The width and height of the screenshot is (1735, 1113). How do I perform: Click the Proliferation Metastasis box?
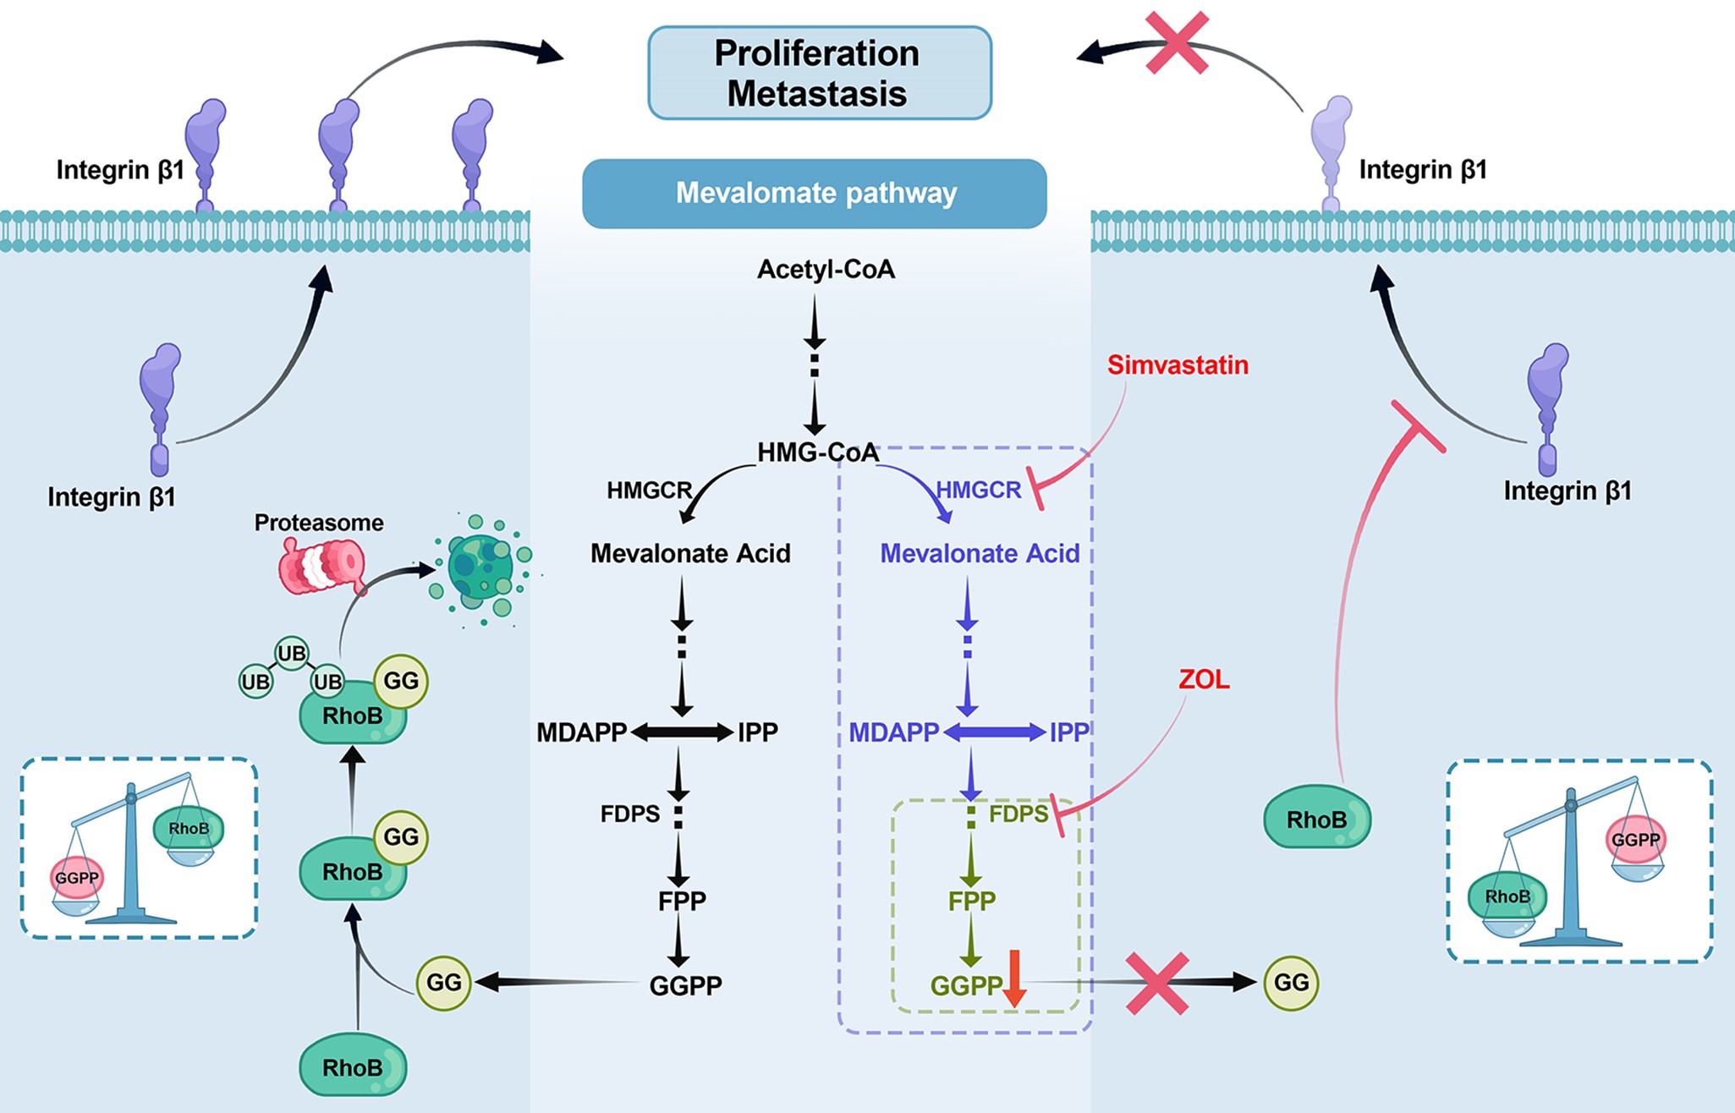(819, 73)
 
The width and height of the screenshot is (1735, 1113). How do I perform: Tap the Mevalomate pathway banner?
(815, 194)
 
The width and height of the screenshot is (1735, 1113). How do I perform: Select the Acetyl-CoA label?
(826, 270)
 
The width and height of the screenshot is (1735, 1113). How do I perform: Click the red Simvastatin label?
(1178, 365)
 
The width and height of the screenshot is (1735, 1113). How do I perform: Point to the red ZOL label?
(1204, 680)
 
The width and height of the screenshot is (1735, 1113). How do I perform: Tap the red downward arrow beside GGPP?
(1014, 979)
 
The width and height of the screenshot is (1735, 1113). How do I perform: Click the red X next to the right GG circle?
(1157, 984)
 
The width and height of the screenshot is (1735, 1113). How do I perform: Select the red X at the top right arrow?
(1177, 43)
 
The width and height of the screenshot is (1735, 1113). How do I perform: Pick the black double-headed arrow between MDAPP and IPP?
(682, 732)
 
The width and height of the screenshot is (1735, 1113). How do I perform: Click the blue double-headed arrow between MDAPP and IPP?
(994, 732)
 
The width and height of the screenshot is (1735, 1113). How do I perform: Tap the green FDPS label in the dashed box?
(1018, 814)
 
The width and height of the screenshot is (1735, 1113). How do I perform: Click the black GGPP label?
(685, 986)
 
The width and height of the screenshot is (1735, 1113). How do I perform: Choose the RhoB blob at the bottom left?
(353, 1068)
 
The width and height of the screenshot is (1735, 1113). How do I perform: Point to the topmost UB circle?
(291, 654)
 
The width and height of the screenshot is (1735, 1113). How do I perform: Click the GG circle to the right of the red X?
(1291, 983)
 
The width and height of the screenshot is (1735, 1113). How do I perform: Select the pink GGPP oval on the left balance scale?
(77, 878)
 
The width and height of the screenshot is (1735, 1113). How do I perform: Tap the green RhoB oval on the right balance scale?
(1507, 896)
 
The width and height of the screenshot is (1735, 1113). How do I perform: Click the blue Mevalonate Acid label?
(980, 554)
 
